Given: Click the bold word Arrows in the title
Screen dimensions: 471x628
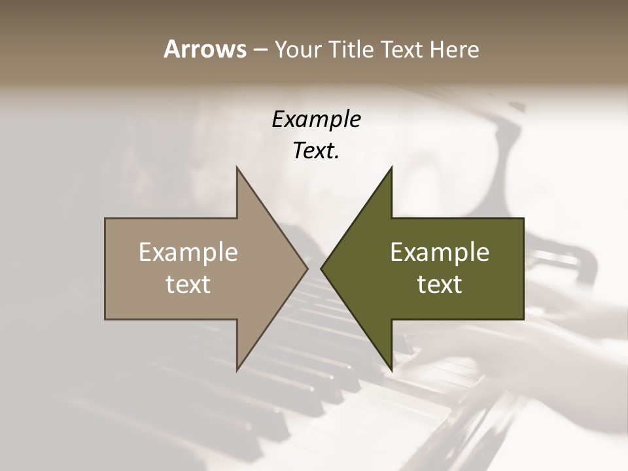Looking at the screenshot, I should pyautogui.click(x=205, y=49).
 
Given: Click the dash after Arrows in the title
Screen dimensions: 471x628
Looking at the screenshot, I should pyautogui.click(x=260, y=50).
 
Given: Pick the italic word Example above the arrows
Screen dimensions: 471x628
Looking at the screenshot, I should pyautogui.click(x=316, y=120).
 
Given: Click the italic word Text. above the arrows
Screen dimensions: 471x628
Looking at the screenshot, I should pyautogui.click(x=316, y=151).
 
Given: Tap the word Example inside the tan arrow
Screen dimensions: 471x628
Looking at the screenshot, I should pyautogui.click(x=188, y=253).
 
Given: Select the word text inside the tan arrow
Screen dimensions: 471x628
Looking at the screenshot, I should pyautogui.click(x=188, y=285).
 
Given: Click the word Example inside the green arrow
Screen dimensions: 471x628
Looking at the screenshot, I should pyautogui.click(x=440, y=253).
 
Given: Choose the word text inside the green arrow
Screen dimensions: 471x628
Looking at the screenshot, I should pyautogui.click(x=440, y=285).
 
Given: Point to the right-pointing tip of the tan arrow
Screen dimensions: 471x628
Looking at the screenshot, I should pyautogui.click(x=307, y=268).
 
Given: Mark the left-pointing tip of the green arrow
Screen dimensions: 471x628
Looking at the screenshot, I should pyautogui.click(x=322, y=268).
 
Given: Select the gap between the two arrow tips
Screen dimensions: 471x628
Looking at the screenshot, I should pyautogui.click(x=314, y=268).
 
